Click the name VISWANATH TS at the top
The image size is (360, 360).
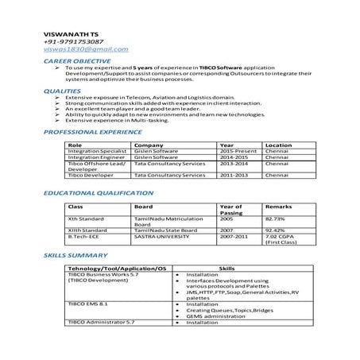click(72, 34)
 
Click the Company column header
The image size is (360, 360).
click(149, 145)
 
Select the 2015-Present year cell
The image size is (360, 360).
click(236, 152)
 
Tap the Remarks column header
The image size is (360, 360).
click(278, 207)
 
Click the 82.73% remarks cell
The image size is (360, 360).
click(276, 219)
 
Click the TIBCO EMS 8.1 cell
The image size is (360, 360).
click(87, 304)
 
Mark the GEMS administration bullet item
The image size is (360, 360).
click(214, 316)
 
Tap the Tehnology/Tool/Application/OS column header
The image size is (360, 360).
click(118, 269)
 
